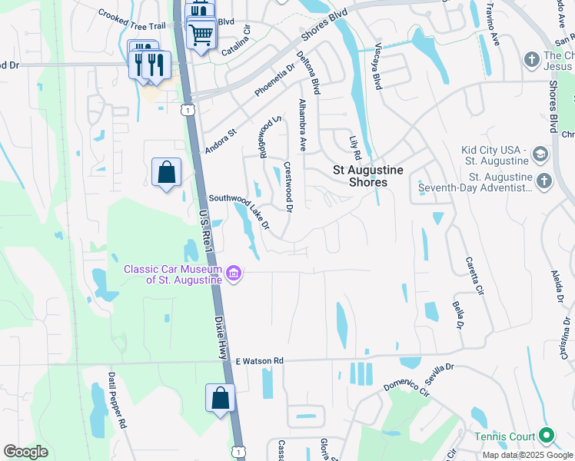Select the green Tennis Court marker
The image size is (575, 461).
pos(547,436)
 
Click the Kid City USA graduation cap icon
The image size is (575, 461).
pos(540,154)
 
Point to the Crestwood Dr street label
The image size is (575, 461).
pos(289,187)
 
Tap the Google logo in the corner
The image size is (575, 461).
pos(25,452)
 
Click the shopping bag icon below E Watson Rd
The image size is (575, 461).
pos(220,399)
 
